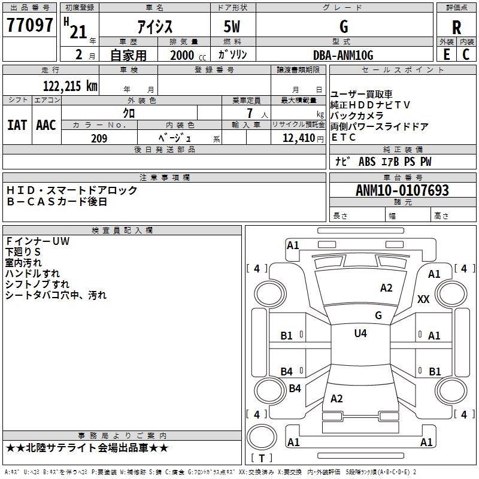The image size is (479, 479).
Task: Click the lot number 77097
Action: [x=29, y=25]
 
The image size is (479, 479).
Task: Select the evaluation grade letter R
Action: [x=456, y=28]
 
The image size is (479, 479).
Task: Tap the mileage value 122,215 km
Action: [x=70, y=86]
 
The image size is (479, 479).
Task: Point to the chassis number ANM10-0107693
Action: [x=402, y=190]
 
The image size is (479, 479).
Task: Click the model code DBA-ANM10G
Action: [x=343, y=55]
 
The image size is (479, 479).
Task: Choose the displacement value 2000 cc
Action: [x=188, y=55]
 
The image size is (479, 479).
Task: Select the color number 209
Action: [x=99, y=138]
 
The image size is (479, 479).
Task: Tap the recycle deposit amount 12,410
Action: [x=299, y=138]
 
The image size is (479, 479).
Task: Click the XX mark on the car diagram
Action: [x=423, y=299]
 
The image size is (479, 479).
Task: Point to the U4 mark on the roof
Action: [x=360, y=333]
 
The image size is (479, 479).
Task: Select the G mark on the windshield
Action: [x=378, y=315]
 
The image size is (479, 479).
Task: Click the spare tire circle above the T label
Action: [x=262, y=437]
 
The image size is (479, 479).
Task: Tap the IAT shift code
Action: [x=17, y=125]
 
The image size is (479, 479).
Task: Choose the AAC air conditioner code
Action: [x=46, y=125]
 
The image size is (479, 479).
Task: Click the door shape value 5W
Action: [x=232, y=26]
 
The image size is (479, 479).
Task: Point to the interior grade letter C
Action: [x=466, y=54]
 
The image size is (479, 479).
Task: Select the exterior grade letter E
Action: [x=446, y=54]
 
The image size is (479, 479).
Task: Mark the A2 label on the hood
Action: [x=386, y=288]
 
